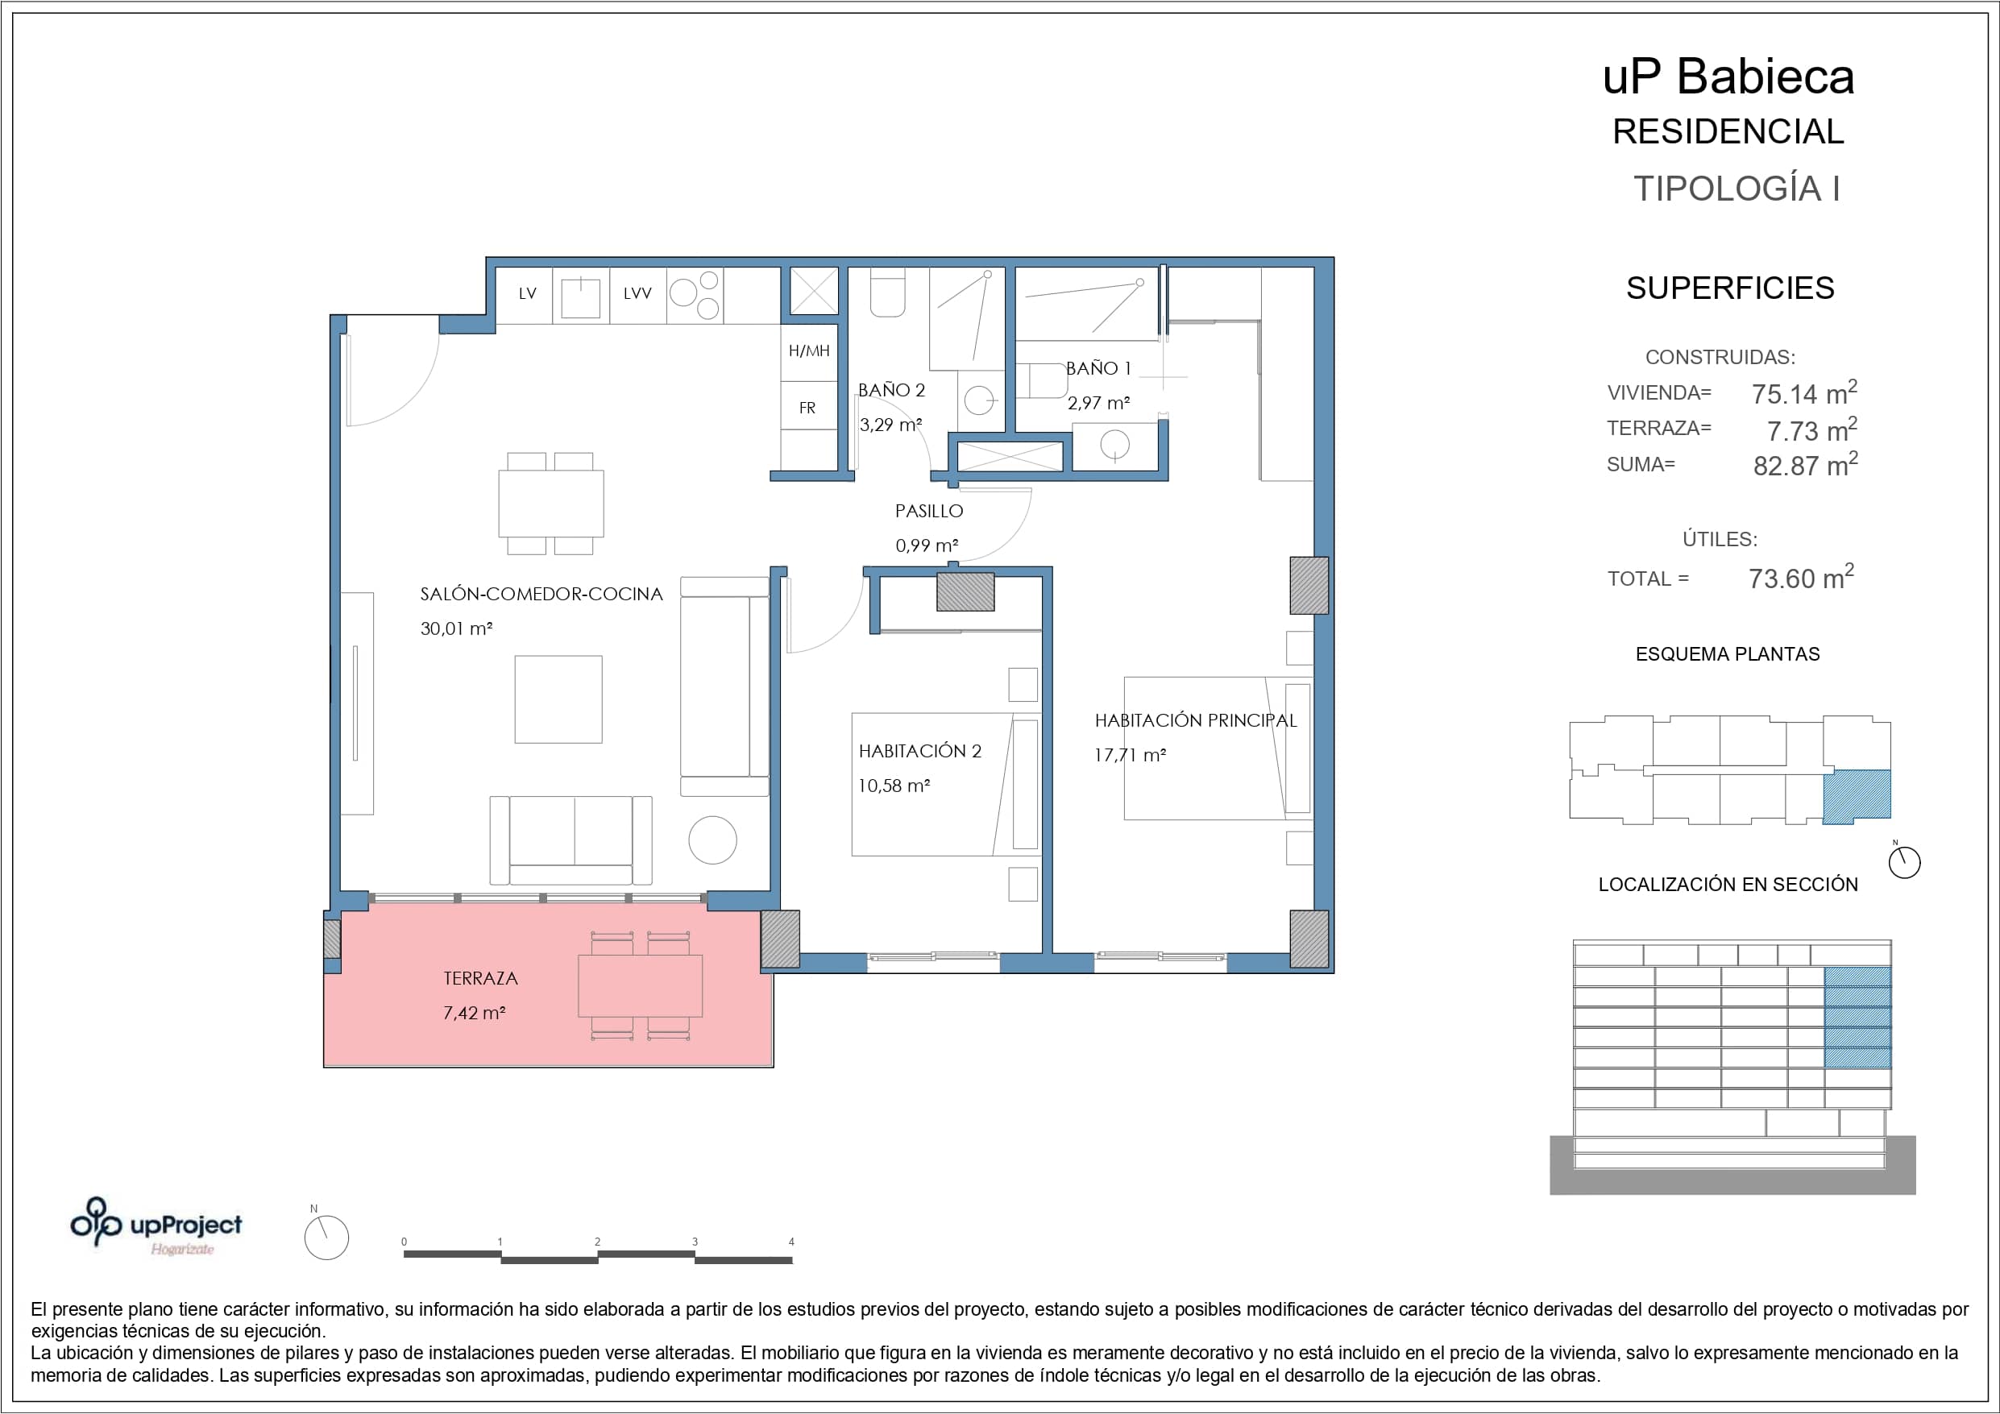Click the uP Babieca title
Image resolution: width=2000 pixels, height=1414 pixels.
click(1728, 77)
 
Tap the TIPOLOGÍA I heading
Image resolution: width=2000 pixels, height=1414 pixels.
click(1736, 189)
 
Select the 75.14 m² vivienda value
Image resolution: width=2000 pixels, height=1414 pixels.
click(1805, 393)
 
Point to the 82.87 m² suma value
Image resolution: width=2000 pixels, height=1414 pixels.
click(1805, 464)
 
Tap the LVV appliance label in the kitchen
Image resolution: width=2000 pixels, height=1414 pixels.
click(637, 293)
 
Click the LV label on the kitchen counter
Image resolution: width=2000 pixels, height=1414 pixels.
click(527, 293)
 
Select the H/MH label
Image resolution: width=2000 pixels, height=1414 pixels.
click(809, 351)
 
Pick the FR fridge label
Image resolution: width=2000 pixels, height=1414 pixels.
click(807, 408)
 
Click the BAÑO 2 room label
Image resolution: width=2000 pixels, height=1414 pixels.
click(891, 390)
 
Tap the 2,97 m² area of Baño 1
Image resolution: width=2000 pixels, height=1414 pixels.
click(1098, 404)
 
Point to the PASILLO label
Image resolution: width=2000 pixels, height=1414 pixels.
click(929, 512)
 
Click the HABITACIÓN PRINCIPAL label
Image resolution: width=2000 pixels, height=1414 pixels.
click(1196, 720)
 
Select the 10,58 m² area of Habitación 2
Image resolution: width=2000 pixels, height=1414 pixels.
click(894, 786)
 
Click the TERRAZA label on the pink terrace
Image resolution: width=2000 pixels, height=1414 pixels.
click(481, 978)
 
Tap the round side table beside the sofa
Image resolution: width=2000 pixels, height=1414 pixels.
click(712, 840)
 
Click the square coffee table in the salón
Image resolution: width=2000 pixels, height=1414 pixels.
click(558, 699)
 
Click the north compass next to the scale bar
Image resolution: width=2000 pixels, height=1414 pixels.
click(326, 1237)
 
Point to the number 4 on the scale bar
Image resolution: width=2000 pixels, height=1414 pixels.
click(791, 1242)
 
